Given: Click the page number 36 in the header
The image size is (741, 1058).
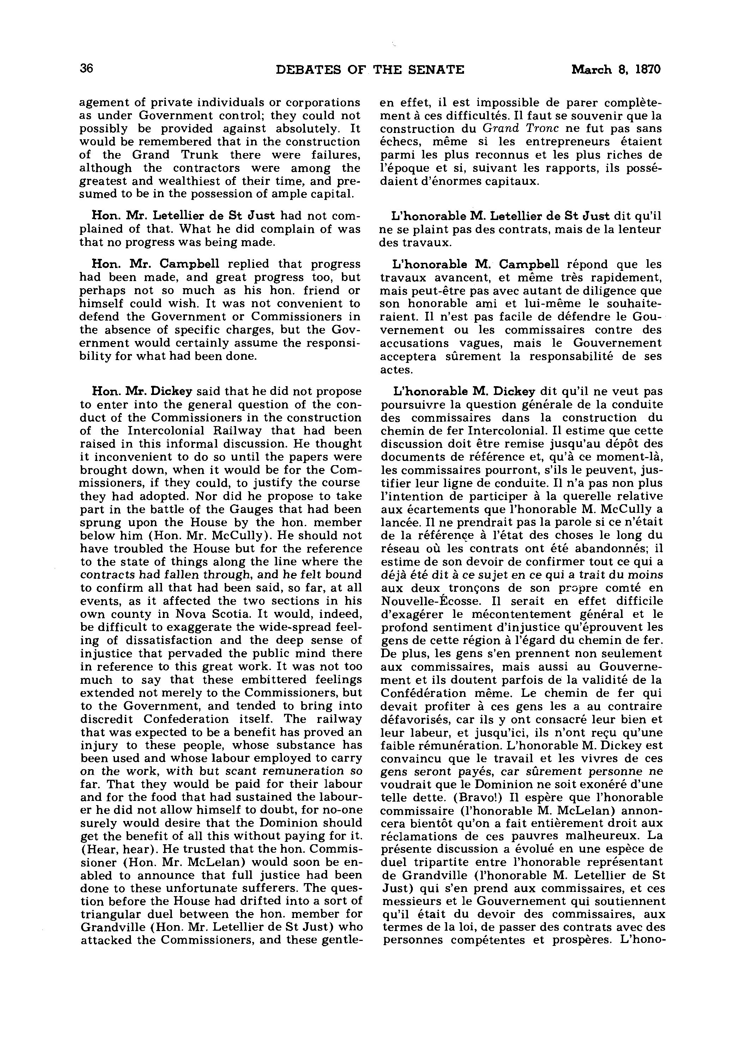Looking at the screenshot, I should point(86,69).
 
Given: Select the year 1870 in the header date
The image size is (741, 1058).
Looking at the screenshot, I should point(647,69).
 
